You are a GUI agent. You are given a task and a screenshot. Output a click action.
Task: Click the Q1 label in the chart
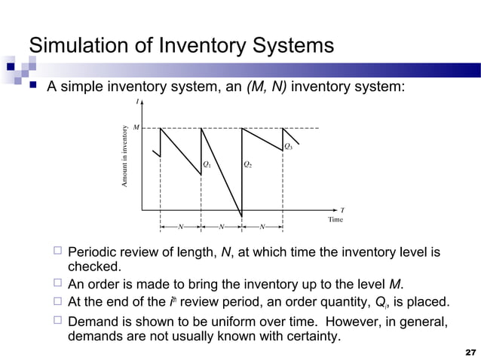tap(207, 163)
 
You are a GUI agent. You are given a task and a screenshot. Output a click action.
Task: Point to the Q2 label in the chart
tap(247, 163)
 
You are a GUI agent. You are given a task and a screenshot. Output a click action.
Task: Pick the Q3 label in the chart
tap(288, 145)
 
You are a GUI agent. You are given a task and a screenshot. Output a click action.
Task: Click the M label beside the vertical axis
tap(136, 128)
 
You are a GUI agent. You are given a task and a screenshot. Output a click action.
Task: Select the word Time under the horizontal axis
tap(335, 219)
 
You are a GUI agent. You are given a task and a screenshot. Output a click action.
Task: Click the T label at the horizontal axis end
tap(342, 210)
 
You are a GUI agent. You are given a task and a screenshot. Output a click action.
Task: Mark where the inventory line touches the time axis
tap(241, 216)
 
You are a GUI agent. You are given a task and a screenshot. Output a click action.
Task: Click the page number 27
tap(471, 352)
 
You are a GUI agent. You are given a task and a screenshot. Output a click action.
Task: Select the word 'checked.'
tap(93, 267)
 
